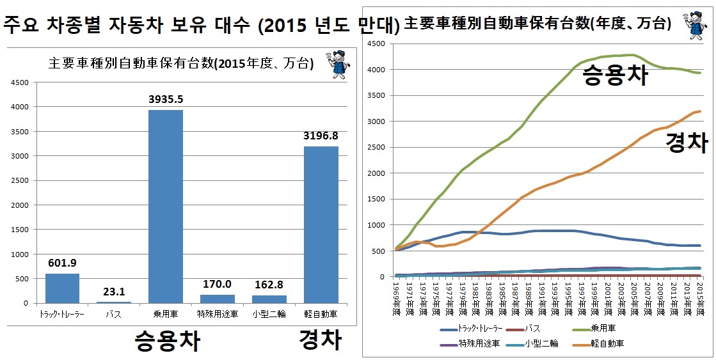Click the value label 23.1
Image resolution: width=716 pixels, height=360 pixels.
pyautogui.click(x=114, y=290)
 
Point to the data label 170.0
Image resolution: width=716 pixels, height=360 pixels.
pyautogui.click(x=217, y=283)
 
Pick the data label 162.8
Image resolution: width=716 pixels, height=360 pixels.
pyautogui.click(x=269, y=284)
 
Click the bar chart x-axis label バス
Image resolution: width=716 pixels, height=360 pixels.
pyautogui.click(x=114, y=314)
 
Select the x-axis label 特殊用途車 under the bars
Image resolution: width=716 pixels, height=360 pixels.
pyautogui.click(x=217, y=314)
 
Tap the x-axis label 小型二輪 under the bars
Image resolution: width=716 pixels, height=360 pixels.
pyautogui.click(x=269, y=314)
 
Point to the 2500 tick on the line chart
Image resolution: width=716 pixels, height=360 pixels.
pyautogui.click(x=376, y=147)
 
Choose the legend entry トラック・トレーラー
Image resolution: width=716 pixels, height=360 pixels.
pyautogui.click(x=479, y=329)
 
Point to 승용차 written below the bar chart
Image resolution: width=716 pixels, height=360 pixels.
pyautogui.click(x=166, y=341)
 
